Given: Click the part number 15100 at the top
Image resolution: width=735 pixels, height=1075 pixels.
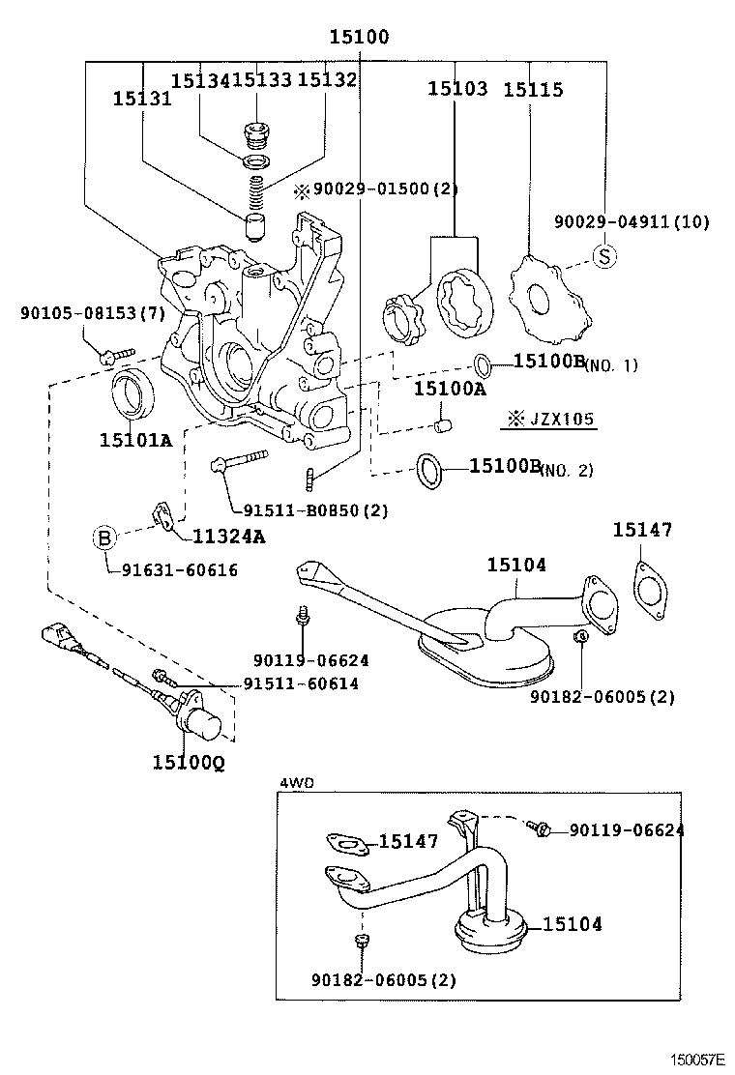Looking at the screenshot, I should pos(359,38).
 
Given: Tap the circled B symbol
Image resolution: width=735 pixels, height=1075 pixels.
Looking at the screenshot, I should pos(105,538).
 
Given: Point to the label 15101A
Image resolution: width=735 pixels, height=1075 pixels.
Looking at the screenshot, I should pos(135,441).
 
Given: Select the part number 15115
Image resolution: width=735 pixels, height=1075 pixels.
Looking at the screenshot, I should pos(533,90).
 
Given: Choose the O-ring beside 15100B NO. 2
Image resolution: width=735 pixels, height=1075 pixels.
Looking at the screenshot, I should pos(430,469).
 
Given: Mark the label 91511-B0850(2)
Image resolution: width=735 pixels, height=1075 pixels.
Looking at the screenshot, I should pos(302,510).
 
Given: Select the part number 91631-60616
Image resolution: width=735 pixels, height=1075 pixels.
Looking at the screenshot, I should pos(180,570).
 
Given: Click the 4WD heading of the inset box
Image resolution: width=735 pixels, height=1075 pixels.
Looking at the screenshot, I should pos(295,782).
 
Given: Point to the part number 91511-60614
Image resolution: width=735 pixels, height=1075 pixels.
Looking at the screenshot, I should pos(301,683).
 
